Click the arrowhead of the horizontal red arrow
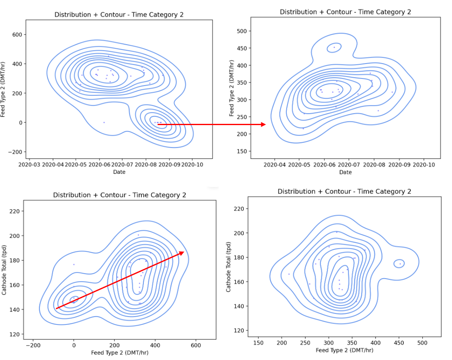click(x=263, y=124)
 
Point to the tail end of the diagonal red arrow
click(x=56, y=308)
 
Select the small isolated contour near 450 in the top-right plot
click(x=334, y=47)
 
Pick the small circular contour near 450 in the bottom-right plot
click(x=400, y=263)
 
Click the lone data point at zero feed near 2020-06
click(x=104, y=122)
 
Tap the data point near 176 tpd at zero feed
click(x=74, y=264)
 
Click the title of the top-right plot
click(x=345, y=12)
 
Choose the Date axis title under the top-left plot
click(x=119, y=172)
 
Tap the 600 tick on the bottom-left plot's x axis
click(x=195, y=345)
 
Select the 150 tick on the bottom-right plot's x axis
click(x=258, y=342)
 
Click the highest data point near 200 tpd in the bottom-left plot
click(x=138, y=235)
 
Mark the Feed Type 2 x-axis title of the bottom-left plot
click(x=120, y=353)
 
